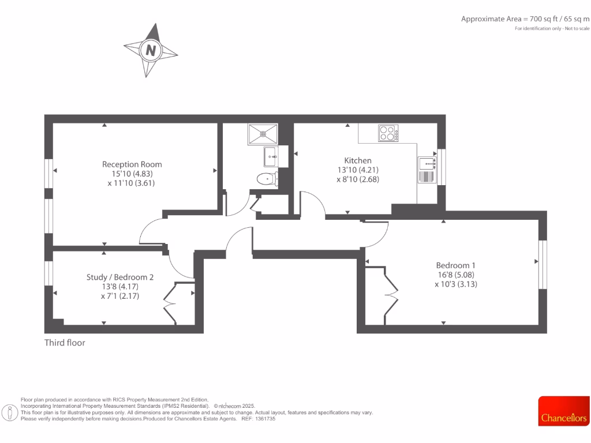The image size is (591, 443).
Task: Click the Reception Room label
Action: pyautogui.click(x=132, y=164)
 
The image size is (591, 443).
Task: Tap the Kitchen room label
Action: pyautogui.click(x=358, y=160)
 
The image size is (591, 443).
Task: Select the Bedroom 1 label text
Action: pyautogui.click(x=455, y=265)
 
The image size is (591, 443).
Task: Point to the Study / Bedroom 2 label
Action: pyautogui.click(x=120, y=277)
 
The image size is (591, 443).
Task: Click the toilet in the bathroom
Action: pyautogui.click(x=267, y=178)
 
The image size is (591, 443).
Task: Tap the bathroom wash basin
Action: pyautogui.click(x=271, y=155)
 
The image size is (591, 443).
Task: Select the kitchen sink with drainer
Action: pyautogui.click(x=428, y=170)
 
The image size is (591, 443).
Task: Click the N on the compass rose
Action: pyautogui.click(x=151, y=50)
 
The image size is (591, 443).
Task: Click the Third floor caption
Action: pyautogui.click(x=65, y=343)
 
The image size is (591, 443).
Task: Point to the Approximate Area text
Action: pyautogui.click(x=525, y=19)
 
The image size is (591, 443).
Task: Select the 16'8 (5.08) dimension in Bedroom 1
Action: pyautogui.click(x=455, y=275)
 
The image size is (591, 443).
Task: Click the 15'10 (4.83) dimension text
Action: pyautogui.click(x=132, y=174)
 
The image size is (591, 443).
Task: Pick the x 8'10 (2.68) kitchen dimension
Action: pyautogui.click(x=358, y=179)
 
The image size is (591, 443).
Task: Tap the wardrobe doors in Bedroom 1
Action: pyautogui.click(x=390, y=294)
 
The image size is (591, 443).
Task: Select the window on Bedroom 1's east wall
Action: pyautogui.click(x=542, y=264)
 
